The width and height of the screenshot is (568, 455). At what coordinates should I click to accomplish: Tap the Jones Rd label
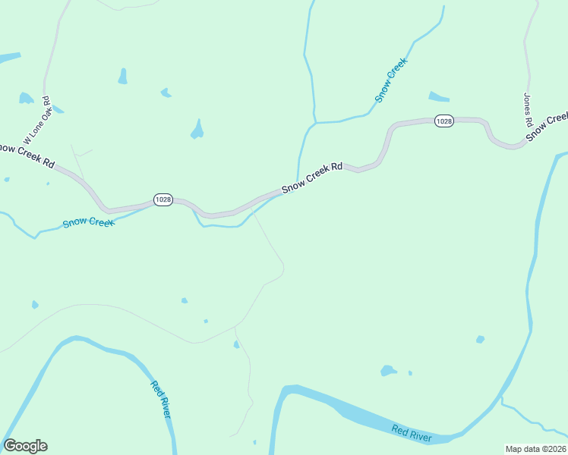(x=526, y=110)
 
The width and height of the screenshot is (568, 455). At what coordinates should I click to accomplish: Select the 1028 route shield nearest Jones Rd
(x=444, y=121)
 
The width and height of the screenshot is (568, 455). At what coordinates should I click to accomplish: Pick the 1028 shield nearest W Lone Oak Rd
(x=163, y=199)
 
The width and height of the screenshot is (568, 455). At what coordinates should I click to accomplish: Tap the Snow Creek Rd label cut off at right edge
(x=547, y=126)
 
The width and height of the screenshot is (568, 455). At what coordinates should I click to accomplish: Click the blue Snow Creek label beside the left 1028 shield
(x=88, y=222)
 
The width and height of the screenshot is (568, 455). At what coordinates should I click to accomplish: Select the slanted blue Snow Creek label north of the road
(x=391, y=80)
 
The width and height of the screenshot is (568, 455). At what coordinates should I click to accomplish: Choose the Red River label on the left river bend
(x=160, y=399)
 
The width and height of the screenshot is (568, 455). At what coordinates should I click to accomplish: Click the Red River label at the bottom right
(x=412, y=434)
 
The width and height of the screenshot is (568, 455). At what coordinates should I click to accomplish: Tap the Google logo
(x=25, y=446)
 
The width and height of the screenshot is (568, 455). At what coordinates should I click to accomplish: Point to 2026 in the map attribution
(x=557, y=449)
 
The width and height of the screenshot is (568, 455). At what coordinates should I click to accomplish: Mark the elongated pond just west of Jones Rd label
(x=439, y=96)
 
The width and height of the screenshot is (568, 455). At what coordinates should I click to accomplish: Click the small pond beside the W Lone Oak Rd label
(x=26, y=98)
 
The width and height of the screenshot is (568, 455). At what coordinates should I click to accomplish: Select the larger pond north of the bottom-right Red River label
(x=388, y=371)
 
